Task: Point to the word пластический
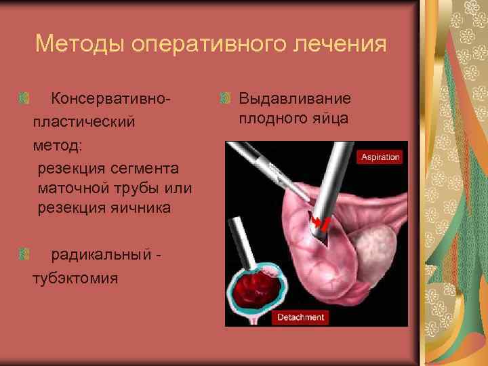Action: click(83, 122)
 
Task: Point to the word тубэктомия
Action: click(75, 278)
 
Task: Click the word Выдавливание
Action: click(295, 99)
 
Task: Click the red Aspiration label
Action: click(380, 157)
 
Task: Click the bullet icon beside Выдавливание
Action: click(226, 99)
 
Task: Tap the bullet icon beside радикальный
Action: click(25, 255)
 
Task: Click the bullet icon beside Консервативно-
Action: click(25, 99)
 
